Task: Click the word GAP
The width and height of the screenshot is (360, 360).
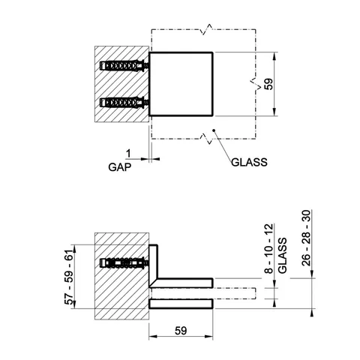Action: [119, 167]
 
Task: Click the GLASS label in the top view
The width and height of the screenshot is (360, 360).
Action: [249, 162]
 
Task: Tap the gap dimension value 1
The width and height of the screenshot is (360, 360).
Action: [128, 153]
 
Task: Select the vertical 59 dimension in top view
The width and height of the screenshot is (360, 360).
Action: [269, 84]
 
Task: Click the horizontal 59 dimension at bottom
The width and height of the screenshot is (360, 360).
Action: [181, 331]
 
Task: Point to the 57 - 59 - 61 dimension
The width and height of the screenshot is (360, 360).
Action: [69, 277]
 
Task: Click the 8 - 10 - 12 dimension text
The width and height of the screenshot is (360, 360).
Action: [269, 249]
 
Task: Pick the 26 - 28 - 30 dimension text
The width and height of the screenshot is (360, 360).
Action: [306, 238]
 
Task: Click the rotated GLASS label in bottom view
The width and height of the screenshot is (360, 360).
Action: [282, 256]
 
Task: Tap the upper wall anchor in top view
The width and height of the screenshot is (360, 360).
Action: [124, 66]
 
